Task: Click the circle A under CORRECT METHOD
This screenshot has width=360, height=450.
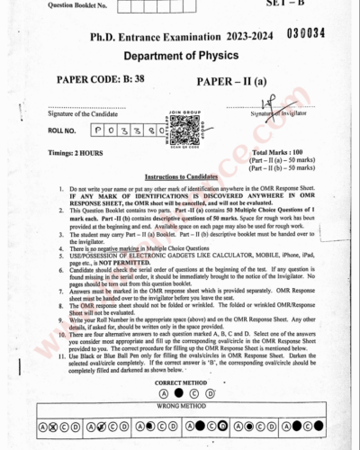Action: pyautogui.click(x=163, y=369)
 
